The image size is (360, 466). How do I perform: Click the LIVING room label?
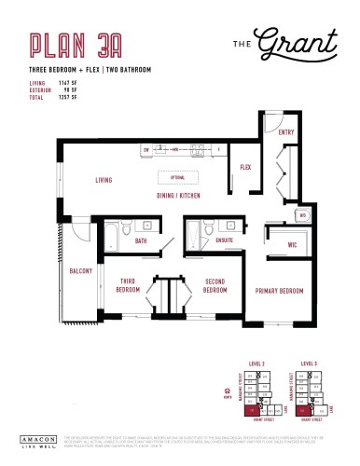104,180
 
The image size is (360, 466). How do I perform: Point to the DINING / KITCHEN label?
177,195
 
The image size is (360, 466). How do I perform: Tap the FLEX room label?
245,168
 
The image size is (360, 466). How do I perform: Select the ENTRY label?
286,133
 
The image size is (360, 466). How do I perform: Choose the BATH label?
140,241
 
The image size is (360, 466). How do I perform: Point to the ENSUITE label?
224,240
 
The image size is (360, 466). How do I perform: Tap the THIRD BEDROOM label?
128,284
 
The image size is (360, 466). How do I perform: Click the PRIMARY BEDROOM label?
280,292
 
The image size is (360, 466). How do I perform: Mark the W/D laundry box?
302,215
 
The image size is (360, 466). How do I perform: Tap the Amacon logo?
36,438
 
